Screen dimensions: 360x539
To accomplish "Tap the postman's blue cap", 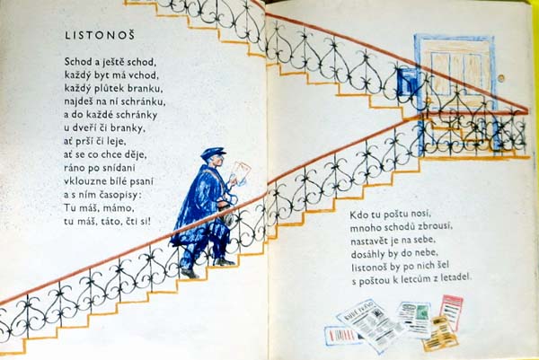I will (x=213, y=154).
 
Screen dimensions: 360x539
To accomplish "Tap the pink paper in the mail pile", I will (x=452, y=311).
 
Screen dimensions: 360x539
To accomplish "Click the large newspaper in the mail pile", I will (x=370, y=323).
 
